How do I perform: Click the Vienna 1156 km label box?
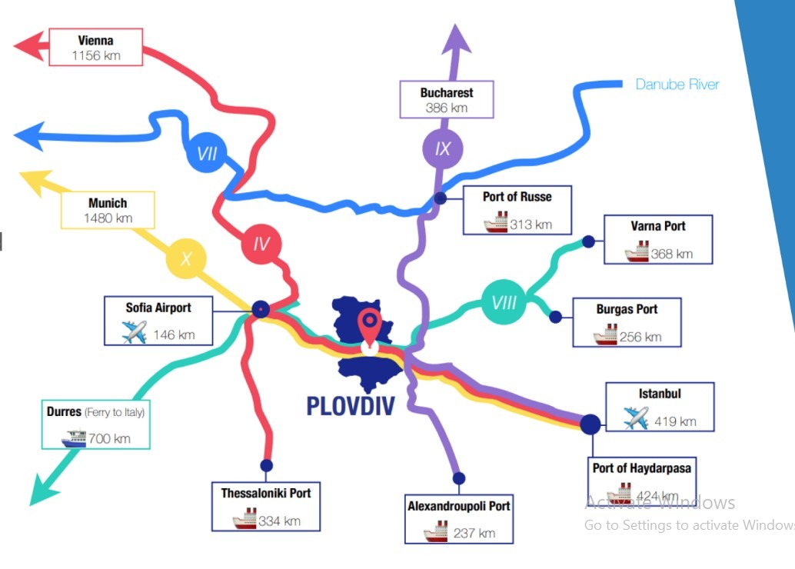[95, 47]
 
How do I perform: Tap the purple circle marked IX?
[443, 148]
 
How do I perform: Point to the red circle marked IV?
[261, 245]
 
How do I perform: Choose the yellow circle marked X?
[186, 258]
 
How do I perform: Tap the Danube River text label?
[677, 84]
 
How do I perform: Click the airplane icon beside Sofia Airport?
[134, 333]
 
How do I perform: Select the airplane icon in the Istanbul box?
[636, 419]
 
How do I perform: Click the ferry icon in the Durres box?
[75, 438]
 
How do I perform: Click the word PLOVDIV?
[350, 404]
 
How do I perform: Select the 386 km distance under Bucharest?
[446, 108]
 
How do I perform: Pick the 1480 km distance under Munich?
[108, 218]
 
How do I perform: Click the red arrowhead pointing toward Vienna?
[28, 45]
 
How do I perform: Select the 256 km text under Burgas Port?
[640, 336]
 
